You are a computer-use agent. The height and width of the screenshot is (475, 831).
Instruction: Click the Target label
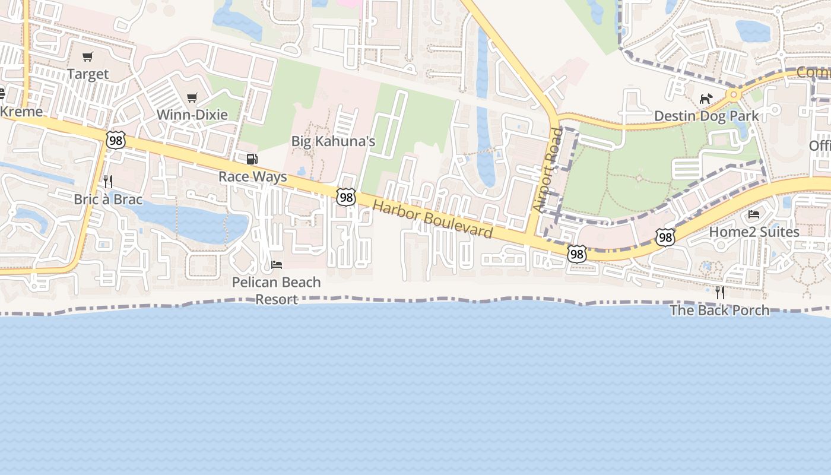[88, 74]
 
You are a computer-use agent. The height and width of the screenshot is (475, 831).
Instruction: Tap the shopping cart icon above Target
[88, 57]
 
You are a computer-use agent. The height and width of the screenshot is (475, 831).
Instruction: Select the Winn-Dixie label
[192, 115]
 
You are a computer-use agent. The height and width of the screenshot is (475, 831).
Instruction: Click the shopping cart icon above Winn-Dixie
[192, 97]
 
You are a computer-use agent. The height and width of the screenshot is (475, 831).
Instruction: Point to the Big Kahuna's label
[333, 141]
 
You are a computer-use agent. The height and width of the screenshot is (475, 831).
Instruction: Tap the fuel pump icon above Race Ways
[252, 159]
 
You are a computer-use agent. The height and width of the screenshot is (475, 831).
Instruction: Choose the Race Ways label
[252, 176]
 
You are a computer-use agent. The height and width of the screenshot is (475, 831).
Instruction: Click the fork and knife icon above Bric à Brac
[108, 181]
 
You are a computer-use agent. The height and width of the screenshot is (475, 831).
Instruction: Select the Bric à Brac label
[108, 199]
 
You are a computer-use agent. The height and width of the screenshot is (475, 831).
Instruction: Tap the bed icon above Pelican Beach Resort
[277, 264]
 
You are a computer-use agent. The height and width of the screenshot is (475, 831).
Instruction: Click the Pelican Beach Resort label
[277, 290]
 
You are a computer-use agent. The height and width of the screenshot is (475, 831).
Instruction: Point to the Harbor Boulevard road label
[433, 218]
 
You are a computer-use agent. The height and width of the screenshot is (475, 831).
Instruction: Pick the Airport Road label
[547, 170]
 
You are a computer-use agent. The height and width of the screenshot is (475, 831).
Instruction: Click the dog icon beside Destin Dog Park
[705, 99]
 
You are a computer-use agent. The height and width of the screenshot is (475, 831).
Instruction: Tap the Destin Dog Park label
[706, 116]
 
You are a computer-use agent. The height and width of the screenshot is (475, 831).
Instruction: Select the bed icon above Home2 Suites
[754, 214]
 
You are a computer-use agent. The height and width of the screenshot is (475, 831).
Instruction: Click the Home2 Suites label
[754, 232]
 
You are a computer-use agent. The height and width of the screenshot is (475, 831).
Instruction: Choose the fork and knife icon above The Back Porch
[720, 292]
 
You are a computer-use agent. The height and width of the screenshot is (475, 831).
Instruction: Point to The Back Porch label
[719, 310]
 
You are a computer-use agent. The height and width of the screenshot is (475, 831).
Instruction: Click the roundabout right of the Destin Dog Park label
[734, 94]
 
